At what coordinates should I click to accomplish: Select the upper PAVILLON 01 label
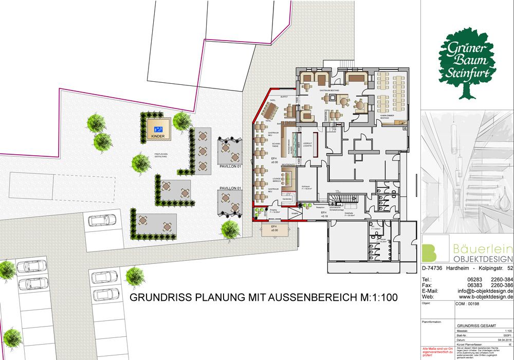[x=230, y=168]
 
